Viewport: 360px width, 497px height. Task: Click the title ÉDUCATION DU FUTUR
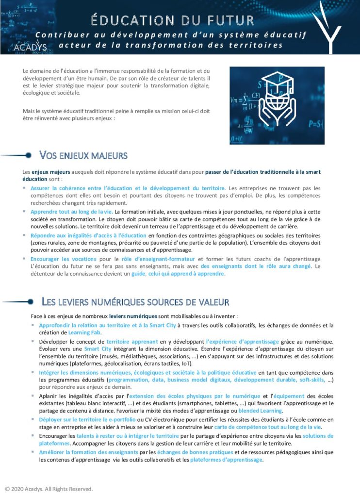pyautogui.click(x=172, y=20)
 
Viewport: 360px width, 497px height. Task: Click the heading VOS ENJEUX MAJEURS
pyautogui.click(x=83, y=155)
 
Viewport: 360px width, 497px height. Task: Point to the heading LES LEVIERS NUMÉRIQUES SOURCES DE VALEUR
pyautogui.click(x=135, y=302)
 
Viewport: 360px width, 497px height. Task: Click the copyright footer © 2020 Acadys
pyautogui.click(x=49, y=488)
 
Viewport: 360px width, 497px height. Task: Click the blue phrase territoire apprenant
pyautogui.click(x=129, y=342)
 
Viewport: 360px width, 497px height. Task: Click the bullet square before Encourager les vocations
pyautogui.click(x=25, y=259)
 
